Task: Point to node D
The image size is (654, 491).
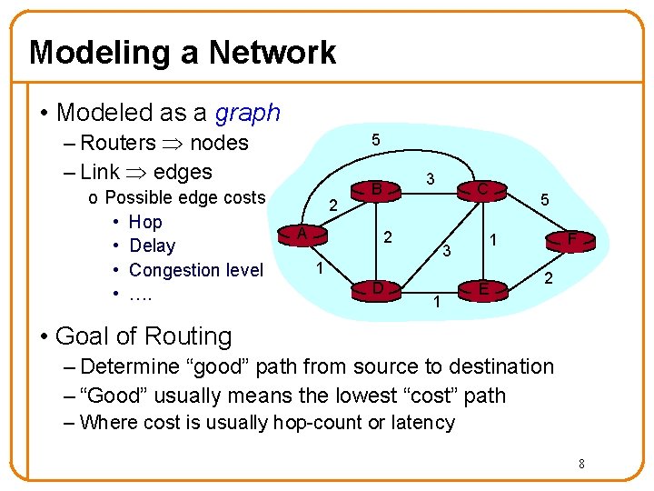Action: tap(375, 289)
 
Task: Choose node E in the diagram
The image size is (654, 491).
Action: tap(484, 289)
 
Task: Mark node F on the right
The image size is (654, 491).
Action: tap(571, 240)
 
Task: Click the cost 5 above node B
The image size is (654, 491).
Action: tap(375, 140)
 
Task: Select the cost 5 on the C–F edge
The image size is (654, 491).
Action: tap(544, 198)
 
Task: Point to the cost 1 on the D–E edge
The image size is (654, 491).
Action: tap(437, 302)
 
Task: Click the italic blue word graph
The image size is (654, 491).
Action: tap(248, 113)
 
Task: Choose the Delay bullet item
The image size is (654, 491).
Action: tap(153, 245)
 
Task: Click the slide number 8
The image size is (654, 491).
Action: tap(581, 465)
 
